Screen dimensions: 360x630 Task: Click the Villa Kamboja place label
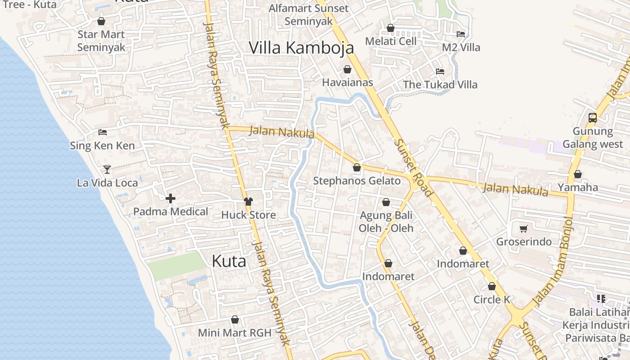(x=301, y=48)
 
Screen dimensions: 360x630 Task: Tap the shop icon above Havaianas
(x=347, y=69)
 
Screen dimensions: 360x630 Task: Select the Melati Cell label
(x=391, y=41)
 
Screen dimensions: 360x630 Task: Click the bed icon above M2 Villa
(x=460, y=34)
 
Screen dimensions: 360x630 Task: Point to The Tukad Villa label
(x=440, y=85)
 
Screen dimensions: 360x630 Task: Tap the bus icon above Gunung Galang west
(x=593, y=118)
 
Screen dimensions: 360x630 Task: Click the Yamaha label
(x=578, y=187)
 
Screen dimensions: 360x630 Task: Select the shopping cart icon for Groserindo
(x=523, y=229)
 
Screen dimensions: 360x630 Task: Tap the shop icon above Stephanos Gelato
(x=357, y=168)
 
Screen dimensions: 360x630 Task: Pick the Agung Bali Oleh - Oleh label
(x=386, y=221)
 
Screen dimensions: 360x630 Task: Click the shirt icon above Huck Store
(x=248, y=201)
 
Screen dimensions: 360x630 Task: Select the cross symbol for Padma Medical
(x=171, y=198)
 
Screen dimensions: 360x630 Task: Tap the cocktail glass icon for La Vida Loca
(x=107, y=169)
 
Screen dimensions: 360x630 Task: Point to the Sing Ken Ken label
(x=102, y=146)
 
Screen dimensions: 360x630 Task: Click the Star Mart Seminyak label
(x=101, y=41)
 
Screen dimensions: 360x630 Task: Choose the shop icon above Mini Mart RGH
(x=234, y=320)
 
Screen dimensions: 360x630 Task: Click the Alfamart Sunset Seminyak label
(x=308, y=14)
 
